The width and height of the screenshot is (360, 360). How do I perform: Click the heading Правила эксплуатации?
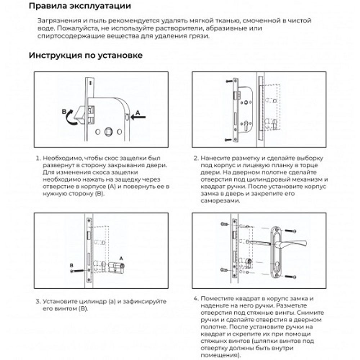pos(80,6)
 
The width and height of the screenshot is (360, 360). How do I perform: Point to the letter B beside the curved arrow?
pos(64,112)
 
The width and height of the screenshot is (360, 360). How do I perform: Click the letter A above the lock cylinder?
pos(121,258)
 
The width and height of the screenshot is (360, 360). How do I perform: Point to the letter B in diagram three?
pos(72,265)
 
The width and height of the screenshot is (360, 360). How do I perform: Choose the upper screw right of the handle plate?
pos(291,231)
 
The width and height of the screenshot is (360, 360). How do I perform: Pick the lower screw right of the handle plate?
pos(291,276)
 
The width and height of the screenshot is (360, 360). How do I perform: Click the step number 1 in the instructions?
pos(37,158)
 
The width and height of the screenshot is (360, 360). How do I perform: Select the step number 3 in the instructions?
pos(37,301)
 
